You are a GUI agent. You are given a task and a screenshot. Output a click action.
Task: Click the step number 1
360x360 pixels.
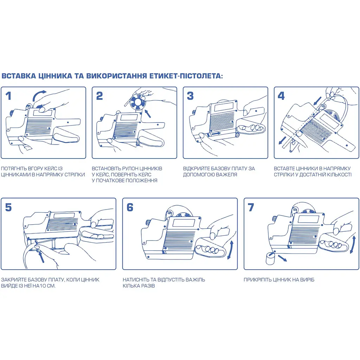pos(8,96)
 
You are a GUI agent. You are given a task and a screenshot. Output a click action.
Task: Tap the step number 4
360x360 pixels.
pos(281,96)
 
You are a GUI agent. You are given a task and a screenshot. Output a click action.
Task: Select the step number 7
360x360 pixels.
pos(251,207)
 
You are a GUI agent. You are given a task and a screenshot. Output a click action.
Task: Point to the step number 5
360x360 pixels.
pos(8,207)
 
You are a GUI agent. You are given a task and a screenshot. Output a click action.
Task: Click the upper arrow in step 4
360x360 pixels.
pos(318,100)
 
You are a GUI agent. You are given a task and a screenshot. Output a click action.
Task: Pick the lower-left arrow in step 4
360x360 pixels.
pos(282,141)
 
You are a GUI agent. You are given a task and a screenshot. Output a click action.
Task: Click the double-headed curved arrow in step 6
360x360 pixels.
pos(230,250)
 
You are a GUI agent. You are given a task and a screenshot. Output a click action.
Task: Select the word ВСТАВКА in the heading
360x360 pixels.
pos(19,76)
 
